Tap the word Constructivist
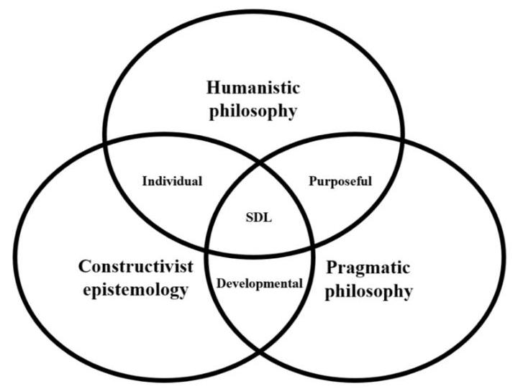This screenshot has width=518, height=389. [x=136, y=267]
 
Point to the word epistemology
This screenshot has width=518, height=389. [x=136, y=290]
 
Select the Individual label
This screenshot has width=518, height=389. [x=172, y=180]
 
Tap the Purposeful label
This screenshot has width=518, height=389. [x=340, y=180]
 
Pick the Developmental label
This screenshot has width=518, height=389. [x=259, y=283]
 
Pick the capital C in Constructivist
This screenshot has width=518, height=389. [x=83, y=267]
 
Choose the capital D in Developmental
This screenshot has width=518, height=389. [x=220, y=283]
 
